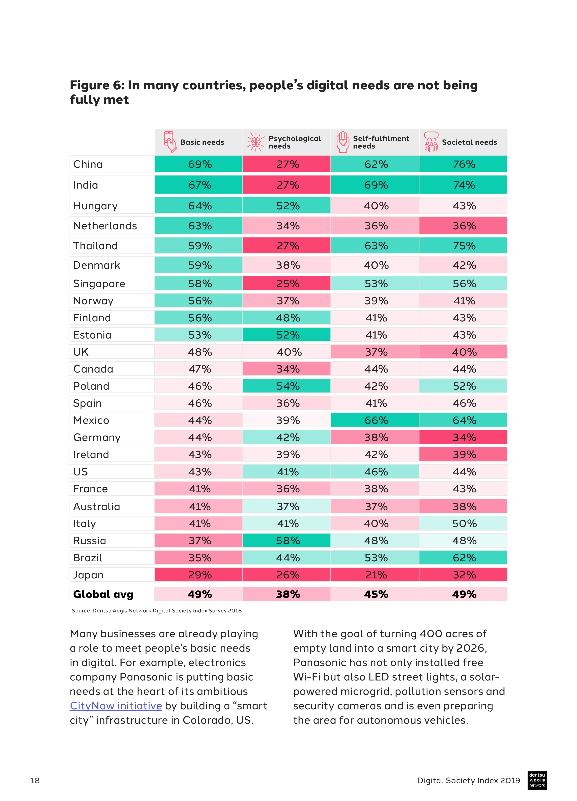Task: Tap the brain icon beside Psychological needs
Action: point(255,142)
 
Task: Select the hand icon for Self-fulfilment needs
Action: point(342,142)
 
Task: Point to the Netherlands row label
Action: point(105,226)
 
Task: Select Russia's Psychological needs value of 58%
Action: point(287,540)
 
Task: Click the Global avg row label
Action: point(103,594)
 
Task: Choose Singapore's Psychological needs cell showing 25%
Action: point(287,284)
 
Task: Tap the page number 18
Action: point(35,780)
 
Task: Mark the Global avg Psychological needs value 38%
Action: point(287,594)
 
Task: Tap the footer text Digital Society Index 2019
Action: point(469,780)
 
